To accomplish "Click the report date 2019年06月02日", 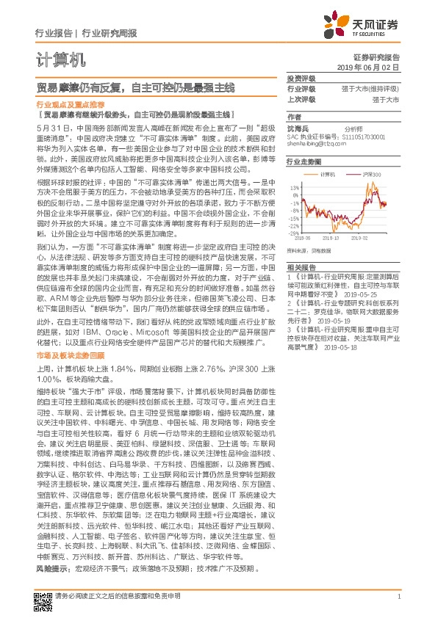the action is (378, 66).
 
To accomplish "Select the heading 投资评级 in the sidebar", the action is (301, 77).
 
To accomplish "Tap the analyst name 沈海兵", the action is (296, 128).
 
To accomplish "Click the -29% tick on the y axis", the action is (295, 233).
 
